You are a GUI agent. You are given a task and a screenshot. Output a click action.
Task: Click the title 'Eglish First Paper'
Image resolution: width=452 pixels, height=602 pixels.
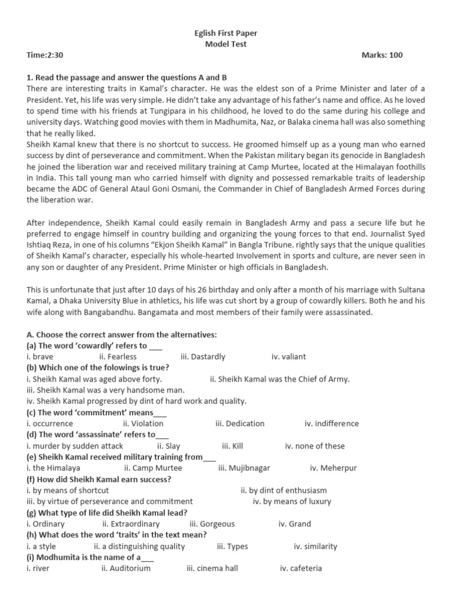(x=225, y=34)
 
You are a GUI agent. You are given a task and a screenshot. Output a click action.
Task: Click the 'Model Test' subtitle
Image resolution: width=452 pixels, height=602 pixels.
(x=225, y=44)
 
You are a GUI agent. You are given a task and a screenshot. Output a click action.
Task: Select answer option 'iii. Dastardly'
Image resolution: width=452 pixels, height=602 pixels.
(x=203, y=357)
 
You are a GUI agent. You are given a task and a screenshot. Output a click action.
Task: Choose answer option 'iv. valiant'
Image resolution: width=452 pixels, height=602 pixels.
(x=289, y=357)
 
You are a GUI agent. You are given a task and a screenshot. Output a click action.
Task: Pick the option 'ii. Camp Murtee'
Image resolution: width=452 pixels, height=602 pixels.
(x=153, y=469)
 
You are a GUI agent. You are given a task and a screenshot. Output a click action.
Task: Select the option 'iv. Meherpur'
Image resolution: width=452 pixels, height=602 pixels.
(x=333, y=469)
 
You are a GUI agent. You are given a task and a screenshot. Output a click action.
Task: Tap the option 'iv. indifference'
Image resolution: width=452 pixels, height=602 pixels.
(x=331, y=424)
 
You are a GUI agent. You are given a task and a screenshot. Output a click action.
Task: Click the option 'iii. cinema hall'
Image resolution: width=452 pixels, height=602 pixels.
(x=214, y=568)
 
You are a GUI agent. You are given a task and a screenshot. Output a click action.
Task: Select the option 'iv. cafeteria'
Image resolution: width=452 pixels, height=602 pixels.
(x=301, y=568)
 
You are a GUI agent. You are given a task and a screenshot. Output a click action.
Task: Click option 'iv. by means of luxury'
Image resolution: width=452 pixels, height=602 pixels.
(x=292, y=501)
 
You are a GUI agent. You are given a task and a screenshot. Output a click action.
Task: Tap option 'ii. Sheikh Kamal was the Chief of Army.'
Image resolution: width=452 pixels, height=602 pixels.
(x=280, y=379)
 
